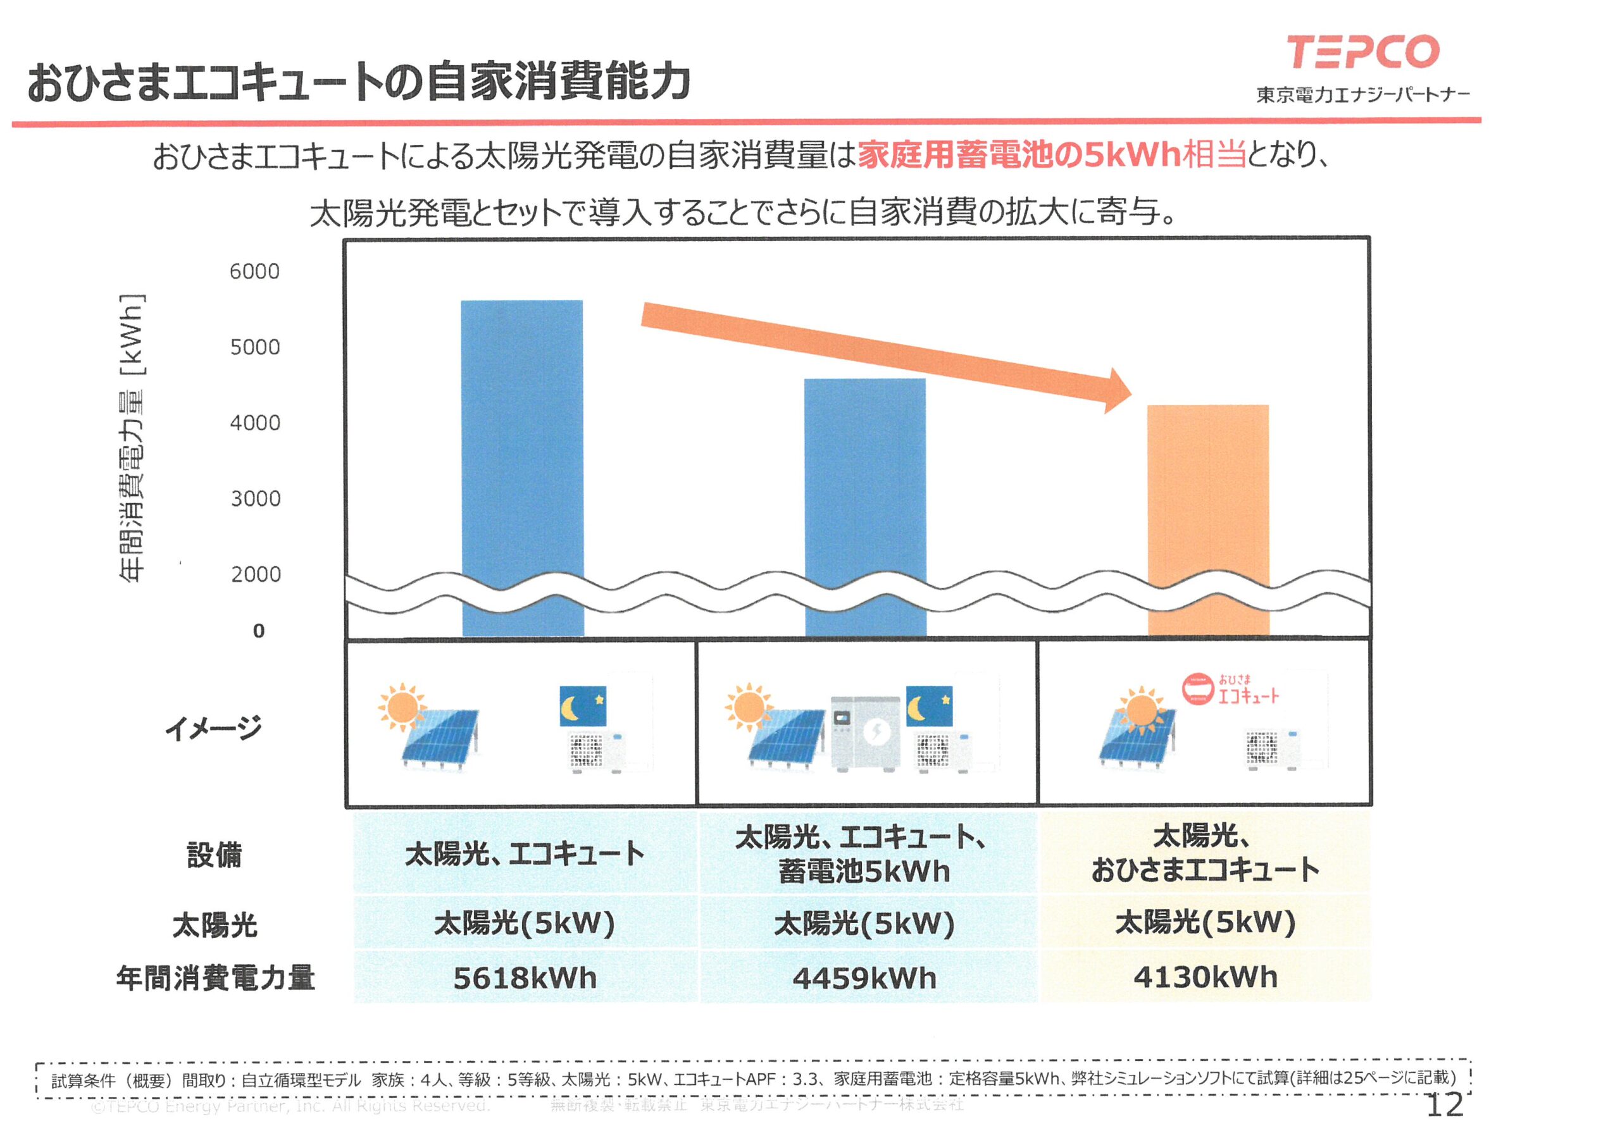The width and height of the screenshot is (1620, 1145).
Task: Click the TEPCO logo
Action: click(x=1362, y=53)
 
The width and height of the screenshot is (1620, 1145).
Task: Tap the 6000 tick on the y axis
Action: click(x=255, y=271)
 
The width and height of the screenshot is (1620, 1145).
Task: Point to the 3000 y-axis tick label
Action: click(x=256, y=498)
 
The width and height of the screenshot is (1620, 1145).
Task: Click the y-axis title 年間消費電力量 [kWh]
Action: click(x=132, y=437)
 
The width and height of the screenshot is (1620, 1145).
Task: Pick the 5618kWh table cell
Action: click(x=524, y=978)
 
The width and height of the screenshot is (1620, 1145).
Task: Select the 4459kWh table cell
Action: click(x=864, y=978)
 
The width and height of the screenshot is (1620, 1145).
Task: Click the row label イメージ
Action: click(x=214, y=727)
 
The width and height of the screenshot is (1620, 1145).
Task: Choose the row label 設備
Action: click(x=214, y=855)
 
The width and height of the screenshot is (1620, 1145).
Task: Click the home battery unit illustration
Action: click(x=865, y=734)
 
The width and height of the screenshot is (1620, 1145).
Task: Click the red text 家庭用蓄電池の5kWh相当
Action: click(x=1051, y=154)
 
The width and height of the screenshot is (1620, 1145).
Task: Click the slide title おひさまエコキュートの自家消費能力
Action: click(x=358, y=82)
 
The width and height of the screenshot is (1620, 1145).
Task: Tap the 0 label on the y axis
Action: click(x=259, y=631)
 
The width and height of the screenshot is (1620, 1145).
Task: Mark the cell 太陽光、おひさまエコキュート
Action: click(x=1205, y=853)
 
